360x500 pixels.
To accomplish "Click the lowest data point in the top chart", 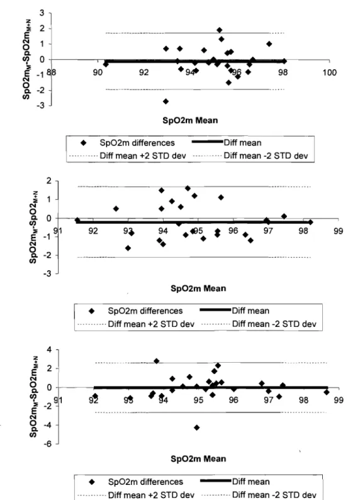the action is point(166,101).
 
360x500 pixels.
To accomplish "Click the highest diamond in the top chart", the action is point(219,30).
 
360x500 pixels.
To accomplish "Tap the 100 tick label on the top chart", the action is point(329,72).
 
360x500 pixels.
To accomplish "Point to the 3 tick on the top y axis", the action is point(42,13).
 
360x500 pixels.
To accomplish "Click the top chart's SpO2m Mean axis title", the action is point(190,120).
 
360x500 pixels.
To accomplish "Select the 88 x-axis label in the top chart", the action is point(51,72).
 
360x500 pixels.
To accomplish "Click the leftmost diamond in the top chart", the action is point(106,64).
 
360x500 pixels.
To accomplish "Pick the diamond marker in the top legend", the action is point(84,143).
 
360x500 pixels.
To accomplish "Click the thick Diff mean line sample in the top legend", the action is point(208,142).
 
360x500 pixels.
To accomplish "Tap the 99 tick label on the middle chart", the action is point(339,231).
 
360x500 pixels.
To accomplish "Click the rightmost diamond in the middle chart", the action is point(310,222).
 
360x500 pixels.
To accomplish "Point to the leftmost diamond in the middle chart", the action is point(77,220).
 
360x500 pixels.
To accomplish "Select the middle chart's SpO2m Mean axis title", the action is point(198,288).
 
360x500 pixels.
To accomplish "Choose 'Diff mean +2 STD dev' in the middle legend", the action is point(151,324).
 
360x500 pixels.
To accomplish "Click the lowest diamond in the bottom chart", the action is point(196,428).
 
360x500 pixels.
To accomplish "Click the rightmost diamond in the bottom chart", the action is point(326,392).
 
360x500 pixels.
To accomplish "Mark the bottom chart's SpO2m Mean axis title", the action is point(198,458).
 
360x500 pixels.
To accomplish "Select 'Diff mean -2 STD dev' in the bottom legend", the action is point(274,495).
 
